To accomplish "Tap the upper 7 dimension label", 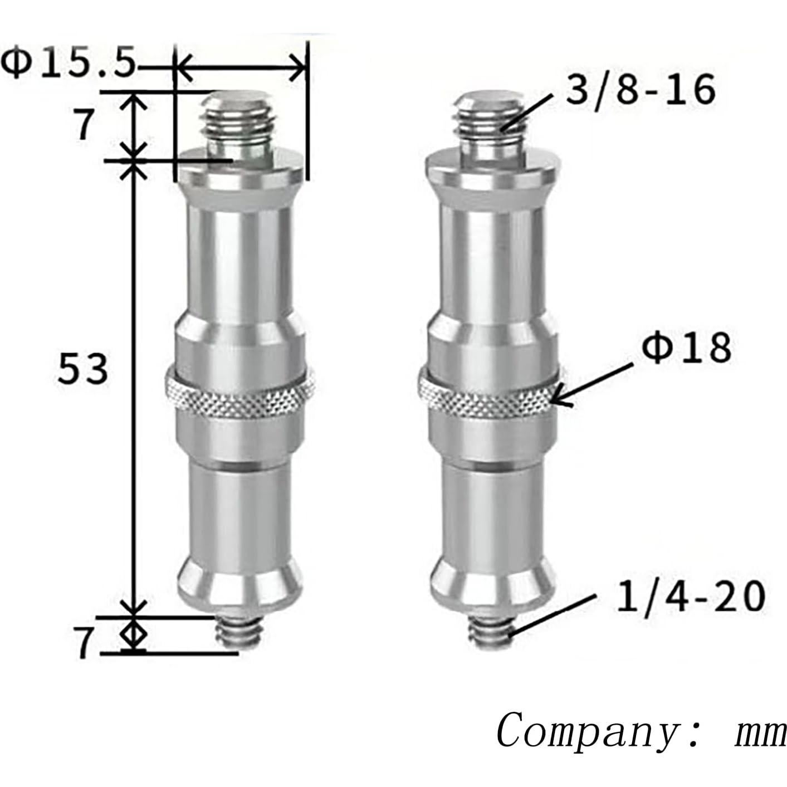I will (x=84, y=125).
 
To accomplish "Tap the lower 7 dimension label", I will (x=84, y=644).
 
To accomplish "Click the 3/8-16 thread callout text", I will (x=640, y=90).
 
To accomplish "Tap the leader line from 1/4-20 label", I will (x=551, y=614).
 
